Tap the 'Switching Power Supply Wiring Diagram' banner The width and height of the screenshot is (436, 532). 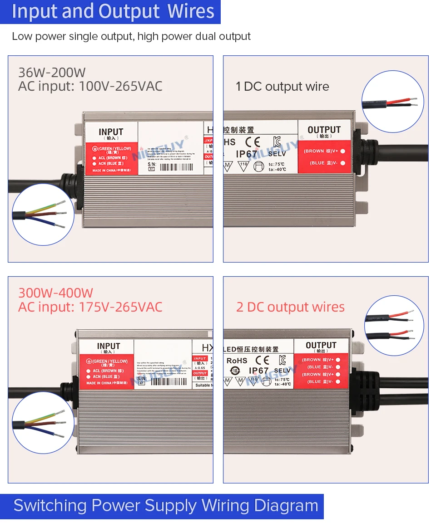tap(165, 505)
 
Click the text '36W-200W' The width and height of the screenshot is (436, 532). tap(52, 73)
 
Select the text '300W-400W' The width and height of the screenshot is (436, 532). tap(55, 293)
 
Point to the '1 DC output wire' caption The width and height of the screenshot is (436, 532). tap(282, 87)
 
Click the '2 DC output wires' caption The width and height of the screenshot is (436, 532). tap(290, 307)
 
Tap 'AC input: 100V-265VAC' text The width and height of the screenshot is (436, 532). tap(90, 86)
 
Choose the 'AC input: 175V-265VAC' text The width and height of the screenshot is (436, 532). tap(90, 307)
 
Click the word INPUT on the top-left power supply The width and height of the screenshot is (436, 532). tap(111, 132)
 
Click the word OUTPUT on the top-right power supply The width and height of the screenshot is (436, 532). tap(324, 130)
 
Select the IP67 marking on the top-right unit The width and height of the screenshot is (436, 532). tap(247, 154)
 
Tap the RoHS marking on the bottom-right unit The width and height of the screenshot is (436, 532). tap(237, 361)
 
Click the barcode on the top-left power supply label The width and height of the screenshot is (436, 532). tap(176, 167)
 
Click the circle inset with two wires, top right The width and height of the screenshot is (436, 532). tap(392, 102)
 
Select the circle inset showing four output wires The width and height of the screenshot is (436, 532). tap(394, 326)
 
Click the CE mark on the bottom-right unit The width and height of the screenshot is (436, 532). tap(262, 360)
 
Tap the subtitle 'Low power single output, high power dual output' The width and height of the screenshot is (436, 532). tap(131, 36)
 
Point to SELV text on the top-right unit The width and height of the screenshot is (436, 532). tap(277, 154)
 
